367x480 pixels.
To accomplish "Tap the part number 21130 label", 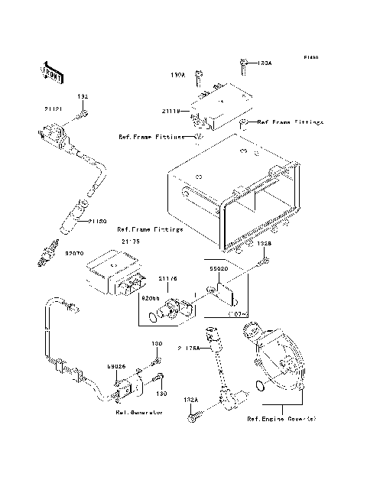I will click(x=96, y=222).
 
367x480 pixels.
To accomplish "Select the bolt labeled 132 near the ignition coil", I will click(x=84, y=115).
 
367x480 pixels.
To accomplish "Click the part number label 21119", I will click(x=170, y=111).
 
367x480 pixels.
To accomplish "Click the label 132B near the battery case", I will click(x=262, y=243).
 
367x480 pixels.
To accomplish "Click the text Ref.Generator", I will click(x=138, y=412).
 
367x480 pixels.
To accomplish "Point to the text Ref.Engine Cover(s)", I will click(x=281, y=419).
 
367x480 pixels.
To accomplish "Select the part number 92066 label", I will click(x=149, y=297).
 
